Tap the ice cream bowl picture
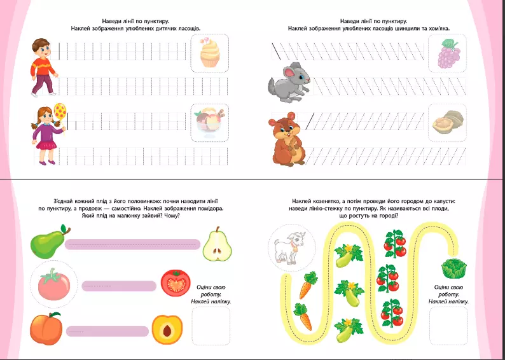[210, 123]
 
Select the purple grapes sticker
[448, 53]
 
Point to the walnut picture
[448, 122]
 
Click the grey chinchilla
[289, 83]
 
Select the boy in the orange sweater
[43, 67]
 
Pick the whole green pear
[50, 242]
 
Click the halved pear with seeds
[217, 244]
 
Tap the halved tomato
[176, 282]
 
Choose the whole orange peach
[46, 328]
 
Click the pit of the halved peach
[167, 331]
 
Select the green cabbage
[453, 268]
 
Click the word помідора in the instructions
[209, 209]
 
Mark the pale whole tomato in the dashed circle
[54, 284]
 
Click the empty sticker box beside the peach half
[211, 326]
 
